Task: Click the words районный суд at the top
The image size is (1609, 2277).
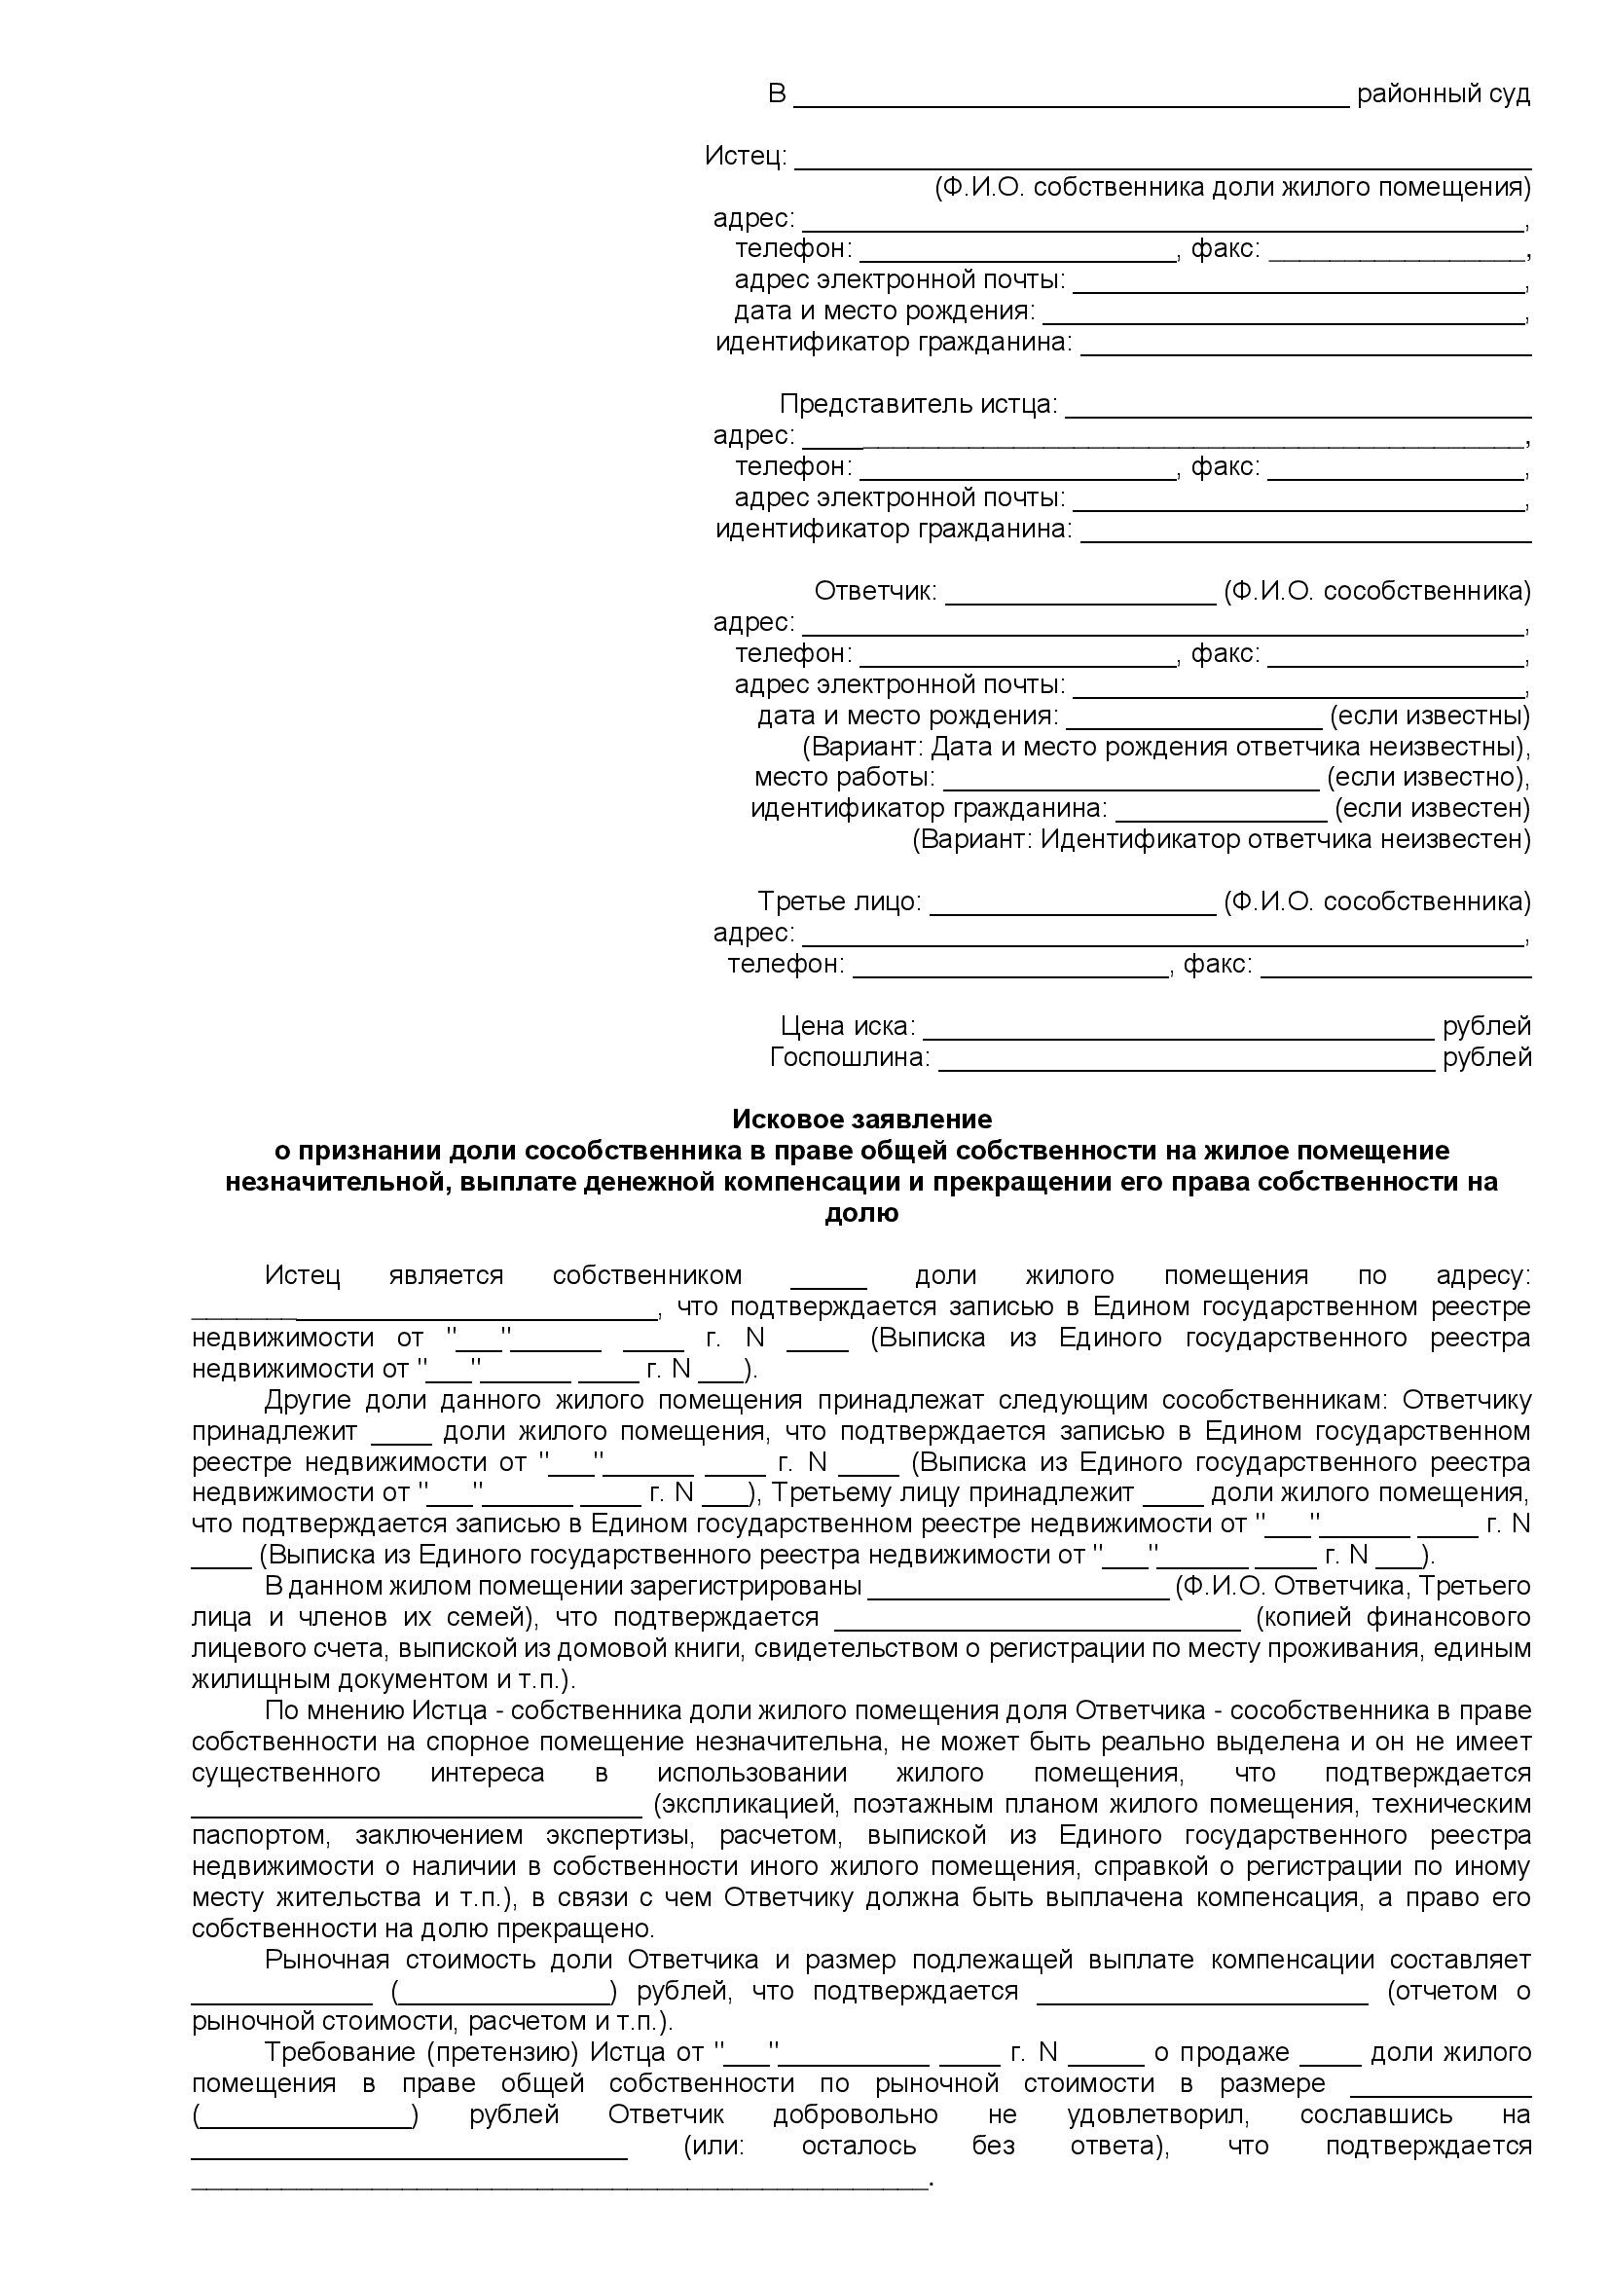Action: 1443,94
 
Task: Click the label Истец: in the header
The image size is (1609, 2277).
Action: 746,156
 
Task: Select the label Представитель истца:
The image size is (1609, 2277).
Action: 918,405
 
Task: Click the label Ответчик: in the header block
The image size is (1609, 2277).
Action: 874,592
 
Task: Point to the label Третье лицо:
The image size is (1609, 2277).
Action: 840,902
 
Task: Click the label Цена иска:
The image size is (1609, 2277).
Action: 848,1026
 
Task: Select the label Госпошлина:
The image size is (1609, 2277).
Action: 850,1058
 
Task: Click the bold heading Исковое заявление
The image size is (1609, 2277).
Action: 861,1120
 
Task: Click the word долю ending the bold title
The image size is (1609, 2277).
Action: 861,1213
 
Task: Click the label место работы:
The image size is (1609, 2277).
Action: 844,778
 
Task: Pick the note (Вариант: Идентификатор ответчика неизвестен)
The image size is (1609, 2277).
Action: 1221,840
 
